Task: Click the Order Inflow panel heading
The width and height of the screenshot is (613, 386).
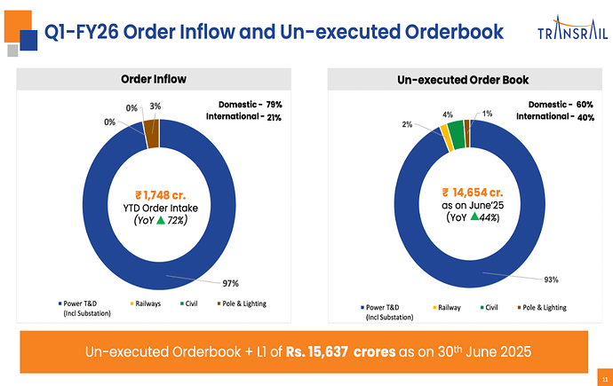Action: pos(153,79)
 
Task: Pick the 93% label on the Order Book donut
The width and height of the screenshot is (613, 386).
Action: pos(551,280)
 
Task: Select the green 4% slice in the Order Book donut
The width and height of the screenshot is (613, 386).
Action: pos(456,132)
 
